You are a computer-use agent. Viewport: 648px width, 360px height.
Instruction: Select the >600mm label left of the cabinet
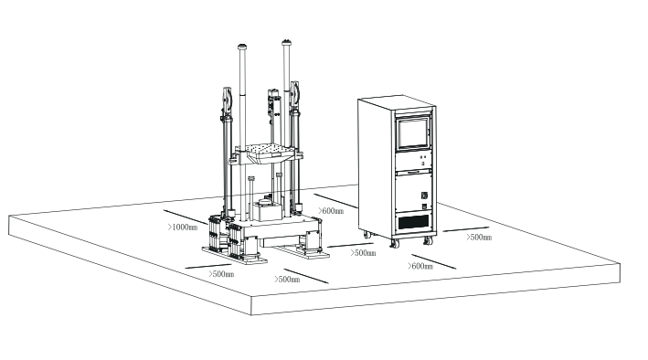coord(331,211)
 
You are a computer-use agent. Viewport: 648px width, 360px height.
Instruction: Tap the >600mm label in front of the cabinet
coord(420,266)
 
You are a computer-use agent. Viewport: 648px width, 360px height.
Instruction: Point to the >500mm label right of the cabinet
coord(479,237)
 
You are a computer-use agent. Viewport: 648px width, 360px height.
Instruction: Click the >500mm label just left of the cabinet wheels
coord(363,253)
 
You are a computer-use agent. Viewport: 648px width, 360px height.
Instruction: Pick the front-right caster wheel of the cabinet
coord(427,241)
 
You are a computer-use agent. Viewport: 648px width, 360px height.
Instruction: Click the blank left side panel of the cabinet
coord(375,164)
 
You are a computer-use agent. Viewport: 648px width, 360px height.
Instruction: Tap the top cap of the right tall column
coord(290,42)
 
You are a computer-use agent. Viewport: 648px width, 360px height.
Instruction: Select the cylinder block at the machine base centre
coord(268,211)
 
